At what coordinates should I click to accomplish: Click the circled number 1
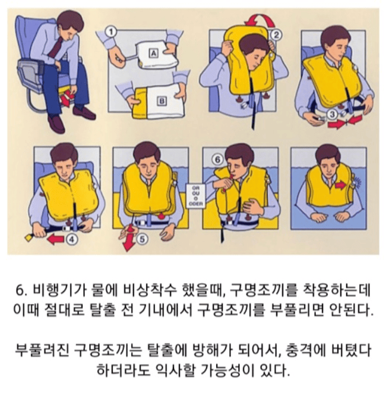(x=111, y=32)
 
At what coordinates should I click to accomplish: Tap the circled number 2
(x=276, y=34)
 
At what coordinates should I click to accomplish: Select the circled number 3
(x=333, y=115)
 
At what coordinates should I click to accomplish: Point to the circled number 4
(x=72, y=239)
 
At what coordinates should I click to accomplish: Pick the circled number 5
(x=142, y=239)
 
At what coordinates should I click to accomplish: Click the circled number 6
(x=217, y=160)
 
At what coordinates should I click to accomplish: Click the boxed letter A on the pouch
(x=153, y=53)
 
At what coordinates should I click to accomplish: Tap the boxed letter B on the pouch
(x=162, y=101)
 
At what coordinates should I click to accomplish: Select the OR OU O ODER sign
(x=196, y=196)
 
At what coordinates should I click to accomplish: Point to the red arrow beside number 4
(x=56, y=239)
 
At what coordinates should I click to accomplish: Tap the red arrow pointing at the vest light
(x=341, y=185)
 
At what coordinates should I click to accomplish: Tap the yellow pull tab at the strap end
(x=29, y=237)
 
